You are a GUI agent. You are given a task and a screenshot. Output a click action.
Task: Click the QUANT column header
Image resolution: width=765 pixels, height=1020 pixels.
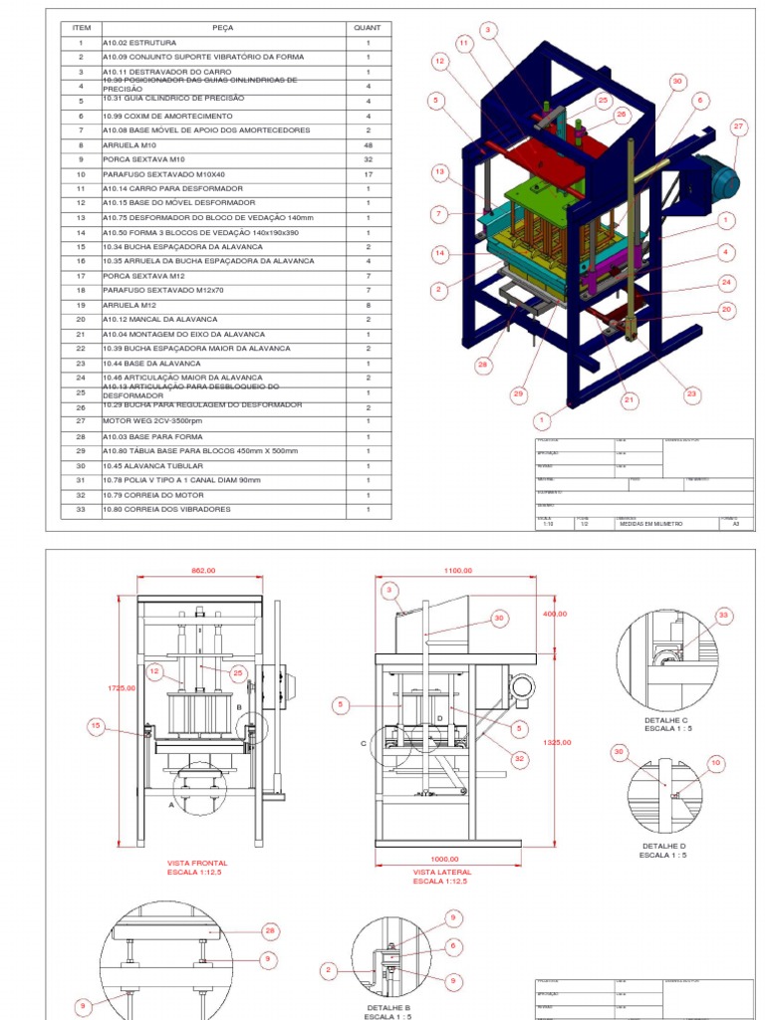pos(368,28)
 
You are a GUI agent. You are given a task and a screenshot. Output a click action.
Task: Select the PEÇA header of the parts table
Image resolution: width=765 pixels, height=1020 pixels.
pos(222,28)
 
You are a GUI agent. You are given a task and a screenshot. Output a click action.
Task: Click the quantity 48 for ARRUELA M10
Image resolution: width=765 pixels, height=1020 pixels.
pos(368,144)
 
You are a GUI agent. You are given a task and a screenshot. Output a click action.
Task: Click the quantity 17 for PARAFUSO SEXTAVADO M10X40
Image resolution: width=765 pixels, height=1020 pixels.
pos(368,174)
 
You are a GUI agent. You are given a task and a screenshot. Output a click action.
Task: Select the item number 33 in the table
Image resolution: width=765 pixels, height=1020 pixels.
pos(80,509)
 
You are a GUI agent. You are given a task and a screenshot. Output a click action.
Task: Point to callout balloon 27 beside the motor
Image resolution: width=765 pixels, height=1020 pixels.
pos(738,127)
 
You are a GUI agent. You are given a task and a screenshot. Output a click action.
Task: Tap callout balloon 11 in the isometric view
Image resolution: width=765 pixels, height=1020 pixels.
pos(465,44)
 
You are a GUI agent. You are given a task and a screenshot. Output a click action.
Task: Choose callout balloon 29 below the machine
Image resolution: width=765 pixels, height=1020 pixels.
pos(518,394)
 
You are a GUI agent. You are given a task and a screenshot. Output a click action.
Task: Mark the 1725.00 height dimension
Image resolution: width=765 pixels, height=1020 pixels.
pos(122,687)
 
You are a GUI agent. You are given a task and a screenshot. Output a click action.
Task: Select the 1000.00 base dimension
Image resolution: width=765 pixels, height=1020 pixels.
pos(444,859)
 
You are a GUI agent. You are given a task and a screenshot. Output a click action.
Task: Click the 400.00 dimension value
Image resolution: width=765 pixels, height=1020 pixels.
pos(554,614)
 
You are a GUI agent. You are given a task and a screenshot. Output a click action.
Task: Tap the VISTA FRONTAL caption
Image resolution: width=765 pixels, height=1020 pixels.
pos(197,863)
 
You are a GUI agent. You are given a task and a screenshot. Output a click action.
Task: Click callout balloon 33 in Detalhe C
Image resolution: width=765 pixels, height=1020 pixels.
pos(723,615)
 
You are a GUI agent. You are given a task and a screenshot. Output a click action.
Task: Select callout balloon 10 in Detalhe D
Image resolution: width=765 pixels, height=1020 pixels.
pos(715,762)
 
